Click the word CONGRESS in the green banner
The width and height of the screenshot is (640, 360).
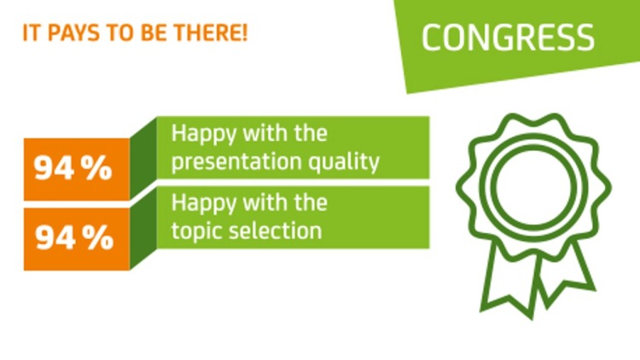[x=508, y=38]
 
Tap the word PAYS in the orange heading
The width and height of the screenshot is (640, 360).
[x=71, y=38]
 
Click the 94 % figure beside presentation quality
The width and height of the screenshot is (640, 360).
[x=73, y=169]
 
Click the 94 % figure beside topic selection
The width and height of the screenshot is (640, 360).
[x=73, y=236]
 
